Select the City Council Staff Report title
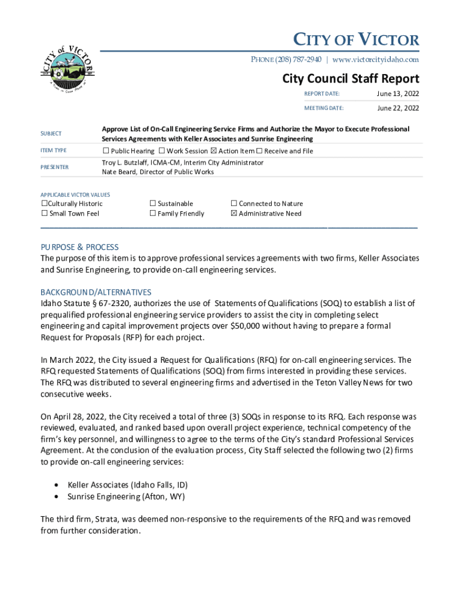click(x=351, y=79)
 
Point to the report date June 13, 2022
click(x=397, y=94)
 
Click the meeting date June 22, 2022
click(x=397, y=108)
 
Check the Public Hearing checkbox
click(x=106, y=151)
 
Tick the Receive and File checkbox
click(x=259, y=151)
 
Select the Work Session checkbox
click(x=162, y=151)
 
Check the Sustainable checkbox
click(x=152, y=203)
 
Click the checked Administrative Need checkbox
click(x=234, y=213)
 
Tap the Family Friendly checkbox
click(x=152, y=213)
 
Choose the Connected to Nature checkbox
click(x=234, y=203)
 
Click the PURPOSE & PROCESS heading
click(x=79, y=247)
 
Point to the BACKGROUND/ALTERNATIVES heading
click(x=96, y=292)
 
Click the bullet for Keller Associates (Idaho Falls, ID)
click(x=56, y=485)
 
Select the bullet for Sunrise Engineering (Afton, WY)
click(x=56, y=496)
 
